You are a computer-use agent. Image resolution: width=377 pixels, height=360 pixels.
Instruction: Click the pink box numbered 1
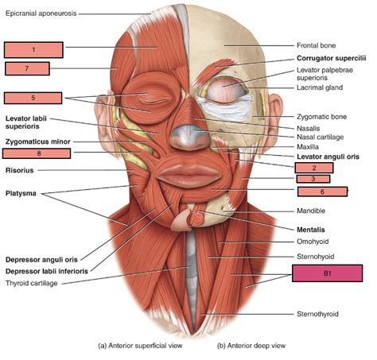tap(33, 50)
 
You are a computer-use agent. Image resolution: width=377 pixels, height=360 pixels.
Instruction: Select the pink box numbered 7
tap(27, 68)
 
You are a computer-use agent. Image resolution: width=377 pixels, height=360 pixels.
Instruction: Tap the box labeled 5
tap(33, 98)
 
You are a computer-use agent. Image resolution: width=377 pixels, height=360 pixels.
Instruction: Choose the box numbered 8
tap(37, 153)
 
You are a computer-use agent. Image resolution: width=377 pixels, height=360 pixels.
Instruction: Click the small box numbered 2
tap(314, 168)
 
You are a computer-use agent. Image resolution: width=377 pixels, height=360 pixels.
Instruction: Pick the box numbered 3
tap(313, 179)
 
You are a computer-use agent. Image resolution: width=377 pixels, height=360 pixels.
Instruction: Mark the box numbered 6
tap(322, 192)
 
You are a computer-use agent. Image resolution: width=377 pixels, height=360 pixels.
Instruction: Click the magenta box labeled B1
tap(328, 273)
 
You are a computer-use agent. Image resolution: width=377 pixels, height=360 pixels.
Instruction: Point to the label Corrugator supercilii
tap(332, 58)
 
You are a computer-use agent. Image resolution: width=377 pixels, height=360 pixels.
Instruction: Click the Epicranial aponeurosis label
tap(41, 14)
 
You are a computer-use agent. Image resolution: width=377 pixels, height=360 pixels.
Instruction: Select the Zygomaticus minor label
tap(38, 141)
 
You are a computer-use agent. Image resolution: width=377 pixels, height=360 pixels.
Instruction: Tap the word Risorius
tap(20, 170)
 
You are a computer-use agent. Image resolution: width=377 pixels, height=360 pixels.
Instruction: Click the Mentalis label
tap(311, 230)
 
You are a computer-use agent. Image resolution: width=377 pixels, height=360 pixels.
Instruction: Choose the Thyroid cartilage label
tap(32, 283)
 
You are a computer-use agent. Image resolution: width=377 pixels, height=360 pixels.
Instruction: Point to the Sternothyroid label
tap(317, 314)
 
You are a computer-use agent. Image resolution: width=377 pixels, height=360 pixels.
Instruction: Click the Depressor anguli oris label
tap(41, 260)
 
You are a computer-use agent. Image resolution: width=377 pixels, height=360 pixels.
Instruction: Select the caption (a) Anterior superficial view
tap(140, 346)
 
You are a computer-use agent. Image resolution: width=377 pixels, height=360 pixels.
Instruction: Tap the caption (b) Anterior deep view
tap(251, 346)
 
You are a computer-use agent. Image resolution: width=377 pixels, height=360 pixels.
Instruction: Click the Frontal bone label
tap(317, 45)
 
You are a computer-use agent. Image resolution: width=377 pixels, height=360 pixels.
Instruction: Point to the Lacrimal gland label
tap(320, 87)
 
